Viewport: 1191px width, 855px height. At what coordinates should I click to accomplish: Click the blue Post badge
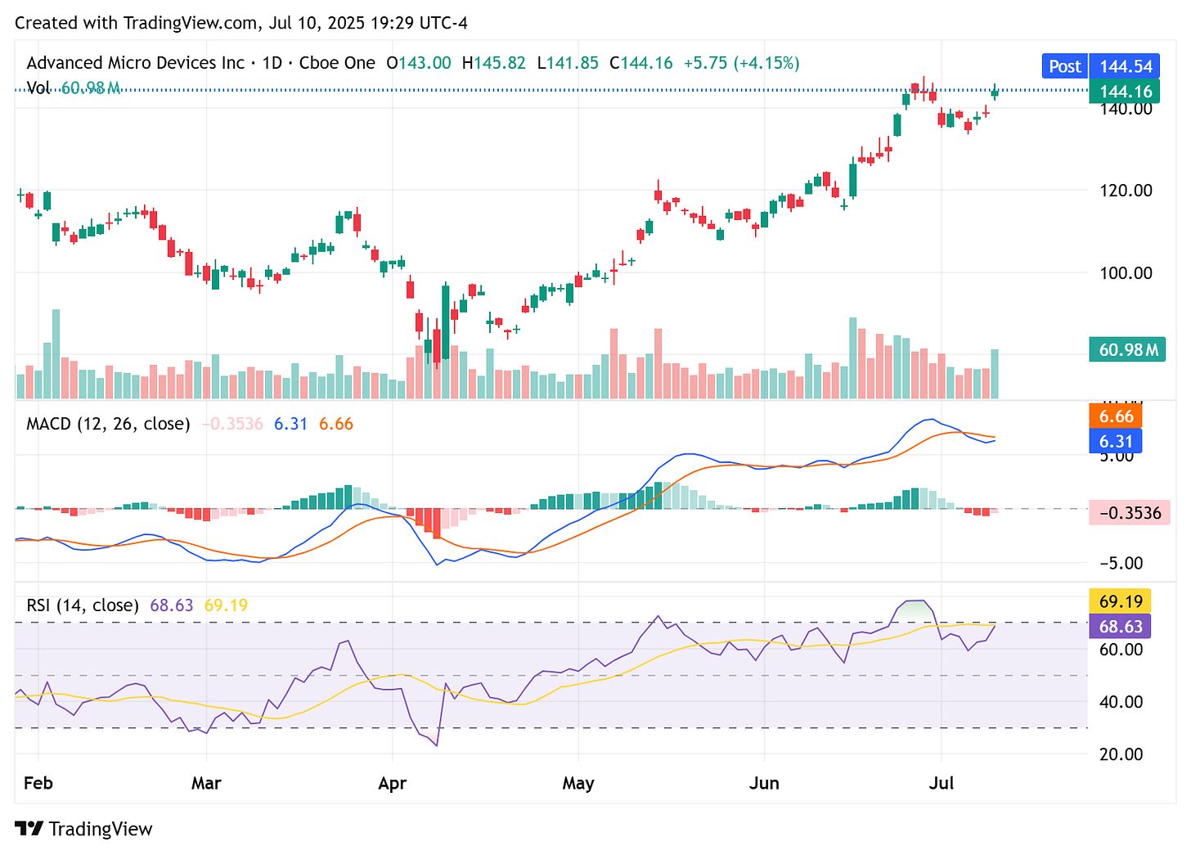click(1064, 66)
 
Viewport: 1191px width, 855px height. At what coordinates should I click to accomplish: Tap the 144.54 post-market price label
click(1126, 66)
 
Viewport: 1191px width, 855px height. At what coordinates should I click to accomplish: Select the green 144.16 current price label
click(1126, 91)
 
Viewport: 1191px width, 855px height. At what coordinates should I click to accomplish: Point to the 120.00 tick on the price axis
click(1126, 190)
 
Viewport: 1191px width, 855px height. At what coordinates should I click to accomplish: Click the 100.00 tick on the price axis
click(1126, 272)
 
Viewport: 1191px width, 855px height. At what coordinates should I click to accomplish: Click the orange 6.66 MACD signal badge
click(1116, 416)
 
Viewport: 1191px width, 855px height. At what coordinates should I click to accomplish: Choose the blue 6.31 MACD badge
click(1116, 441)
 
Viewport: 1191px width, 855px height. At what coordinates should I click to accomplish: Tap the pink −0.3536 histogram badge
click(1130, 513)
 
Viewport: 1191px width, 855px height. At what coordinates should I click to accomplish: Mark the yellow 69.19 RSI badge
click(1120, 601)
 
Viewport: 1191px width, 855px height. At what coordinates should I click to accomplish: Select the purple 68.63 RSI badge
click(1120, 626)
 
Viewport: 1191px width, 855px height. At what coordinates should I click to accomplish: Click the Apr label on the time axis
click(392, 783)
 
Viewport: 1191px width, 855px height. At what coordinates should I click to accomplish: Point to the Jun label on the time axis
click(764, 783)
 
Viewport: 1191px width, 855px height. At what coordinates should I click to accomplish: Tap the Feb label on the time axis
click(38, 783)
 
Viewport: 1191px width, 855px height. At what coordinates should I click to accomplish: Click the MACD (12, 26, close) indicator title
click(108, 424)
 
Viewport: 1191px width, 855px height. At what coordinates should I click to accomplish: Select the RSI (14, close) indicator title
click(83, 605)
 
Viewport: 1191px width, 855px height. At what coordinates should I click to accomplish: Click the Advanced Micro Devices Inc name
click(135, 63)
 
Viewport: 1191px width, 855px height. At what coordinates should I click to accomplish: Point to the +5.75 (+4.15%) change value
click(741, 63)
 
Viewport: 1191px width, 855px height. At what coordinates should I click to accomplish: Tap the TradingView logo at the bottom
click(83, 829)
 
